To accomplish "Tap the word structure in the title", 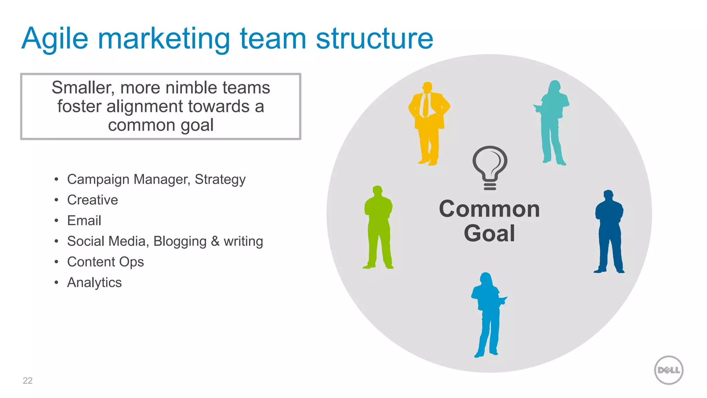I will click(374, 39).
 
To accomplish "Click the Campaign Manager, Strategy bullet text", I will click(156, 179).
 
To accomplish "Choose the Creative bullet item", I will click(93, 200).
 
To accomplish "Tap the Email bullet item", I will click(84, 221).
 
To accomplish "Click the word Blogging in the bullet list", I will click(180, 241).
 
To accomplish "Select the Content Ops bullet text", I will click(105, 262).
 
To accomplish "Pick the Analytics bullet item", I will click(94, 283).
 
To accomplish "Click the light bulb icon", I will click(490, 167).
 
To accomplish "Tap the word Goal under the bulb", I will click(489, 234).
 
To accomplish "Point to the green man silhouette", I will click(378, 226).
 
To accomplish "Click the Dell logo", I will click(668, 370).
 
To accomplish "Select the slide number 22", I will click(28, 381).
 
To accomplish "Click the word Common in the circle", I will click(489, 209).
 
